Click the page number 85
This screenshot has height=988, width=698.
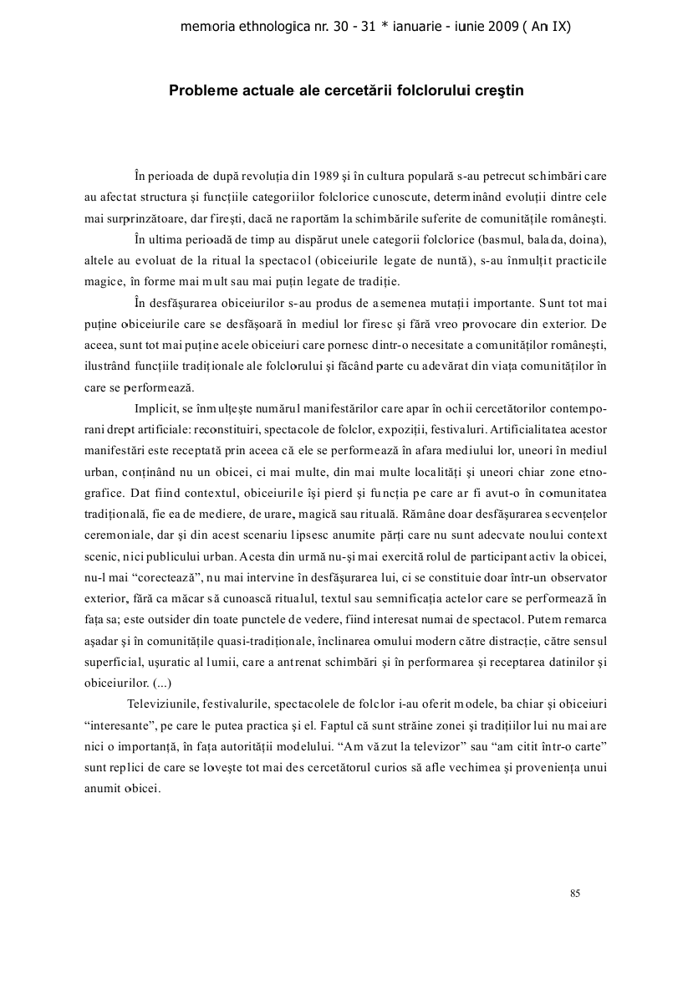click(575, 893)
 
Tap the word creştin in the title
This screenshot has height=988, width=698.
click(500, 90)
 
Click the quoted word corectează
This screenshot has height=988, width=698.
click(158, 577)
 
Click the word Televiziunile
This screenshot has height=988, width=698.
click(165, 703)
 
